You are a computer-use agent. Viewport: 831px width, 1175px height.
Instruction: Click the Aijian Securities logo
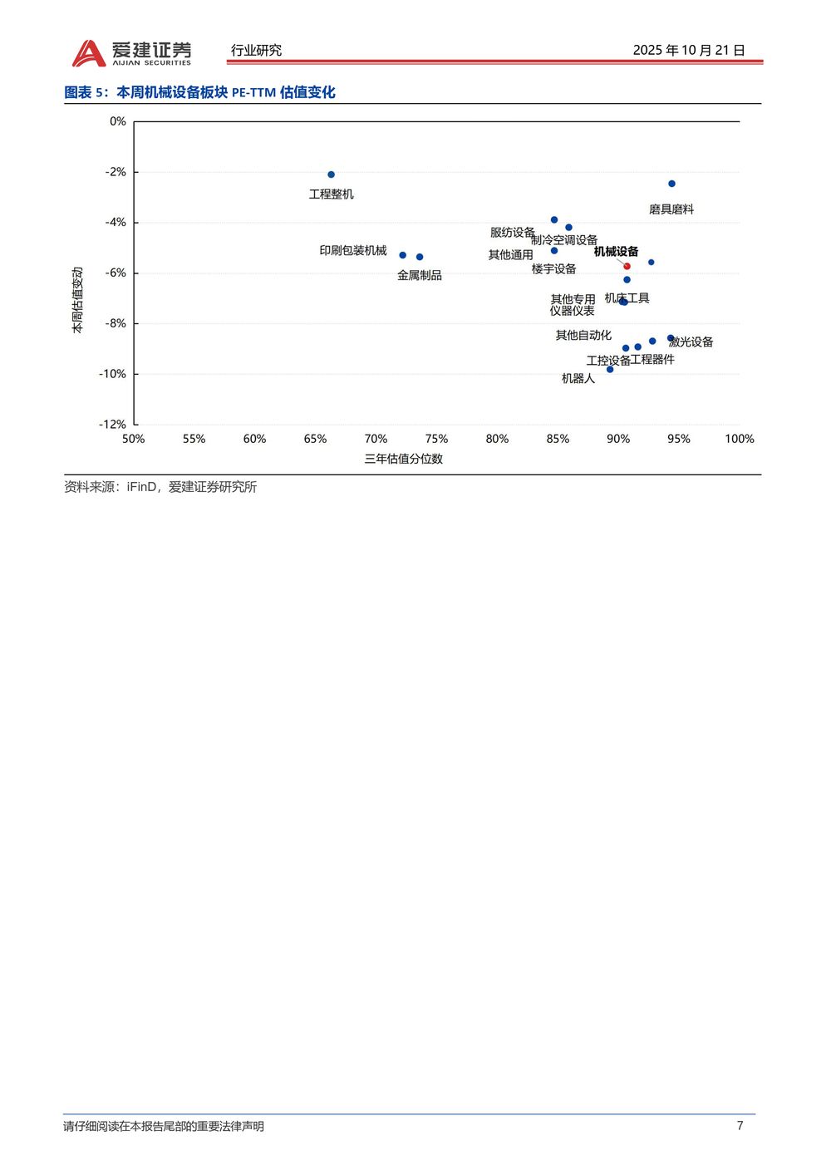(131, 52)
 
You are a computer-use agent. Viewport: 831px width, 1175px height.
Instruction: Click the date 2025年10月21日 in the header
(688, 50)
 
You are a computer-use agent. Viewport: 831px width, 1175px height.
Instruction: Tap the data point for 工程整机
(331, 175)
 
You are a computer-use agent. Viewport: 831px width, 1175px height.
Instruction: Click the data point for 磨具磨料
(671, 184)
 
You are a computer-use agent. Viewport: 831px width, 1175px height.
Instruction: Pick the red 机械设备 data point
(627, 266)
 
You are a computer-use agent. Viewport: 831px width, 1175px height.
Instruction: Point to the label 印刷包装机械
(353, 250)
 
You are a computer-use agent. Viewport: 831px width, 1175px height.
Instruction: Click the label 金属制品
(420, 275)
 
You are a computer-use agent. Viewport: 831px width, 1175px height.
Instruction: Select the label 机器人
(578, 378)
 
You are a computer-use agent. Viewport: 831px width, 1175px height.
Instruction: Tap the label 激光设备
(691, 342)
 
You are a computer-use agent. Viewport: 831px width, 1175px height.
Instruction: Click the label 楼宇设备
(554, 268)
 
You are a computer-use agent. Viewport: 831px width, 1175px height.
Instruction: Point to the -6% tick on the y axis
(116, 273)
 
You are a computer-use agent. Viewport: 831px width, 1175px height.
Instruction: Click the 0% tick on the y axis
(118, 121)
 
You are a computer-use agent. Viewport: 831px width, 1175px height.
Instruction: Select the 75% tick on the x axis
(436, 439)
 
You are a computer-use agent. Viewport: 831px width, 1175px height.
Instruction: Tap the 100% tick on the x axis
(739, 439)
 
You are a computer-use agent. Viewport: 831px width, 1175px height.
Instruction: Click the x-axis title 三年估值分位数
(403, 459)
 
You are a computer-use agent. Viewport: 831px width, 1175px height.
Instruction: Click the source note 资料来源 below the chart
(160, 487)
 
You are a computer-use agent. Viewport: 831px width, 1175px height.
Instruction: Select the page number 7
(740, 1125)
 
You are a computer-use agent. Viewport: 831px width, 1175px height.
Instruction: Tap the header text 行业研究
(256, 51)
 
